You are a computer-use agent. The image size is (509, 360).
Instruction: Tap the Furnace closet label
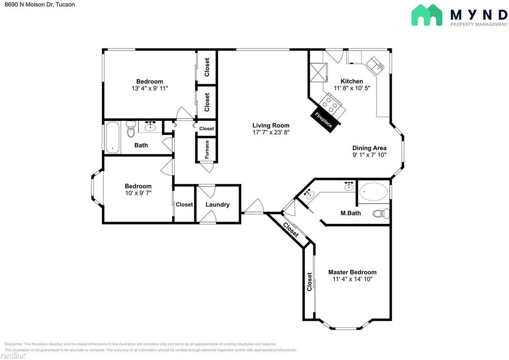207,150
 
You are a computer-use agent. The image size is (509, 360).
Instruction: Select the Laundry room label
218,204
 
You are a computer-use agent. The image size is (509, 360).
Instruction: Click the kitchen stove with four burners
332,106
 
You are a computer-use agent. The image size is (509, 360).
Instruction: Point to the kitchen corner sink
375,66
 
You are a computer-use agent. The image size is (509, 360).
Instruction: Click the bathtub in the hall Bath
113,138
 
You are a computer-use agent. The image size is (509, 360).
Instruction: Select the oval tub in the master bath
373,192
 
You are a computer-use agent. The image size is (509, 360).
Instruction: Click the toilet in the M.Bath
381,214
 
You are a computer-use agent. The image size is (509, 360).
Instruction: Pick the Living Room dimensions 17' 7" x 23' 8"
271,132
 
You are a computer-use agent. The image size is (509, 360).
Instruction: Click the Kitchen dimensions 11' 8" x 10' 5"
352,88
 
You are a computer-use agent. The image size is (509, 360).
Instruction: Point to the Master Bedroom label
352,272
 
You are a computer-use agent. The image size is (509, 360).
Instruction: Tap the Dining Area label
369,148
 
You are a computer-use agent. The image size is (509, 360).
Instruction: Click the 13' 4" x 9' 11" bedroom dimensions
150,88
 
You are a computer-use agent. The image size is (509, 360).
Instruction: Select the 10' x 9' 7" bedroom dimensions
138,193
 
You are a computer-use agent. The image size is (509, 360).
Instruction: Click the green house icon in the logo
427,15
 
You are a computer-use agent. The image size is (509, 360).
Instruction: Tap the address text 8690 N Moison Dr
29,4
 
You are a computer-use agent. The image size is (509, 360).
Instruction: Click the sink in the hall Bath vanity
150,127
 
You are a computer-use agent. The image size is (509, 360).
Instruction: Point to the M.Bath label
351,213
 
